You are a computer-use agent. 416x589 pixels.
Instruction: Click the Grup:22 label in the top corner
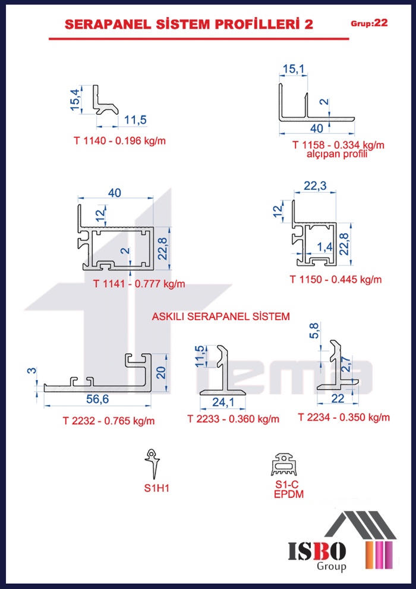coord(369,23)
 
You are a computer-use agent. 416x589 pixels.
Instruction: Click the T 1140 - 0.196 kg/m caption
coord(119,141)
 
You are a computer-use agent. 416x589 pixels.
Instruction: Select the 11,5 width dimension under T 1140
coord(135,120)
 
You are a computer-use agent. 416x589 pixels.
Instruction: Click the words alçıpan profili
coord(336,154)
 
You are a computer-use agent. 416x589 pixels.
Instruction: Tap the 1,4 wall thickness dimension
coord(323,247)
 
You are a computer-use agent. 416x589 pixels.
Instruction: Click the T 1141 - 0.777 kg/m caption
coord(139,284)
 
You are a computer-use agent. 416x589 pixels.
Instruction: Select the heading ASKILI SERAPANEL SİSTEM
coord(220,317)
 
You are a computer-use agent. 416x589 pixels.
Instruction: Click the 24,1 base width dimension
coord(223,402)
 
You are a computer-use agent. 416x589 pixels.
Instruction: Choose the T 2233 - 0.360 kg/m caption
coord(234,419)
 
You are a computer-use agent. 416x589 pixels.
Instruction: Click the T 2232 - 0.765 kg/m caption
coord(109,421)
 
